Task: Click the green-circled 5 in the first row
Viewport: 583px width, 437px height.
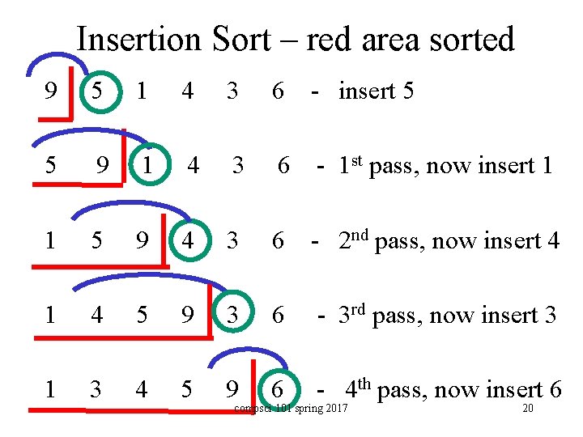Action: pos(97,91)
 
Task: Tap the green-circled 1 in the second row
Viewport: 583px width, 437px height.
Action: pos(147,165)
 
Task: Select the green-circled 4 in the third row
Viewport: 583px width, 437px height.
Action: pos(187,240)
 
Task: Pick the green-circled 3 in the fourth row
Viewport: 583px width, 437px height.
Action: pos(232,315)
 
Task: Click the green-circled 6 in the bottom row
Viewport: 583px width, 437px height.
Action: pos(278,389)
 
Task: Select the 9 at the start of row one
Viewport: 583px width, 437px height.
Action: pos(51,91)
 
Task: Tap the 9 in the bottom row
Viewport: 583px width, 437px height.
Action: pos(232,389)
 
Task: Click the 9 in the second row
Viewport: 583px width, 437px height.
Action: pos(101,165)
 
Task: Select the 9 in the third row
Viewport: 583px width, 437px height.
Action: pos(142,240)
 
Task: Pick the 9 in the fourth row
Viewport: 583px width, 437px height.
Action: pos(187,315)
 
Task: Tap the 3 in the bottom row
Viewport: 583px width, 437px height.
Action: pos(96,389)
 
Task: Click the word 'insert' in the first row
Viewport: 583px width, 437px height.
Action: pos(365,91)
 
